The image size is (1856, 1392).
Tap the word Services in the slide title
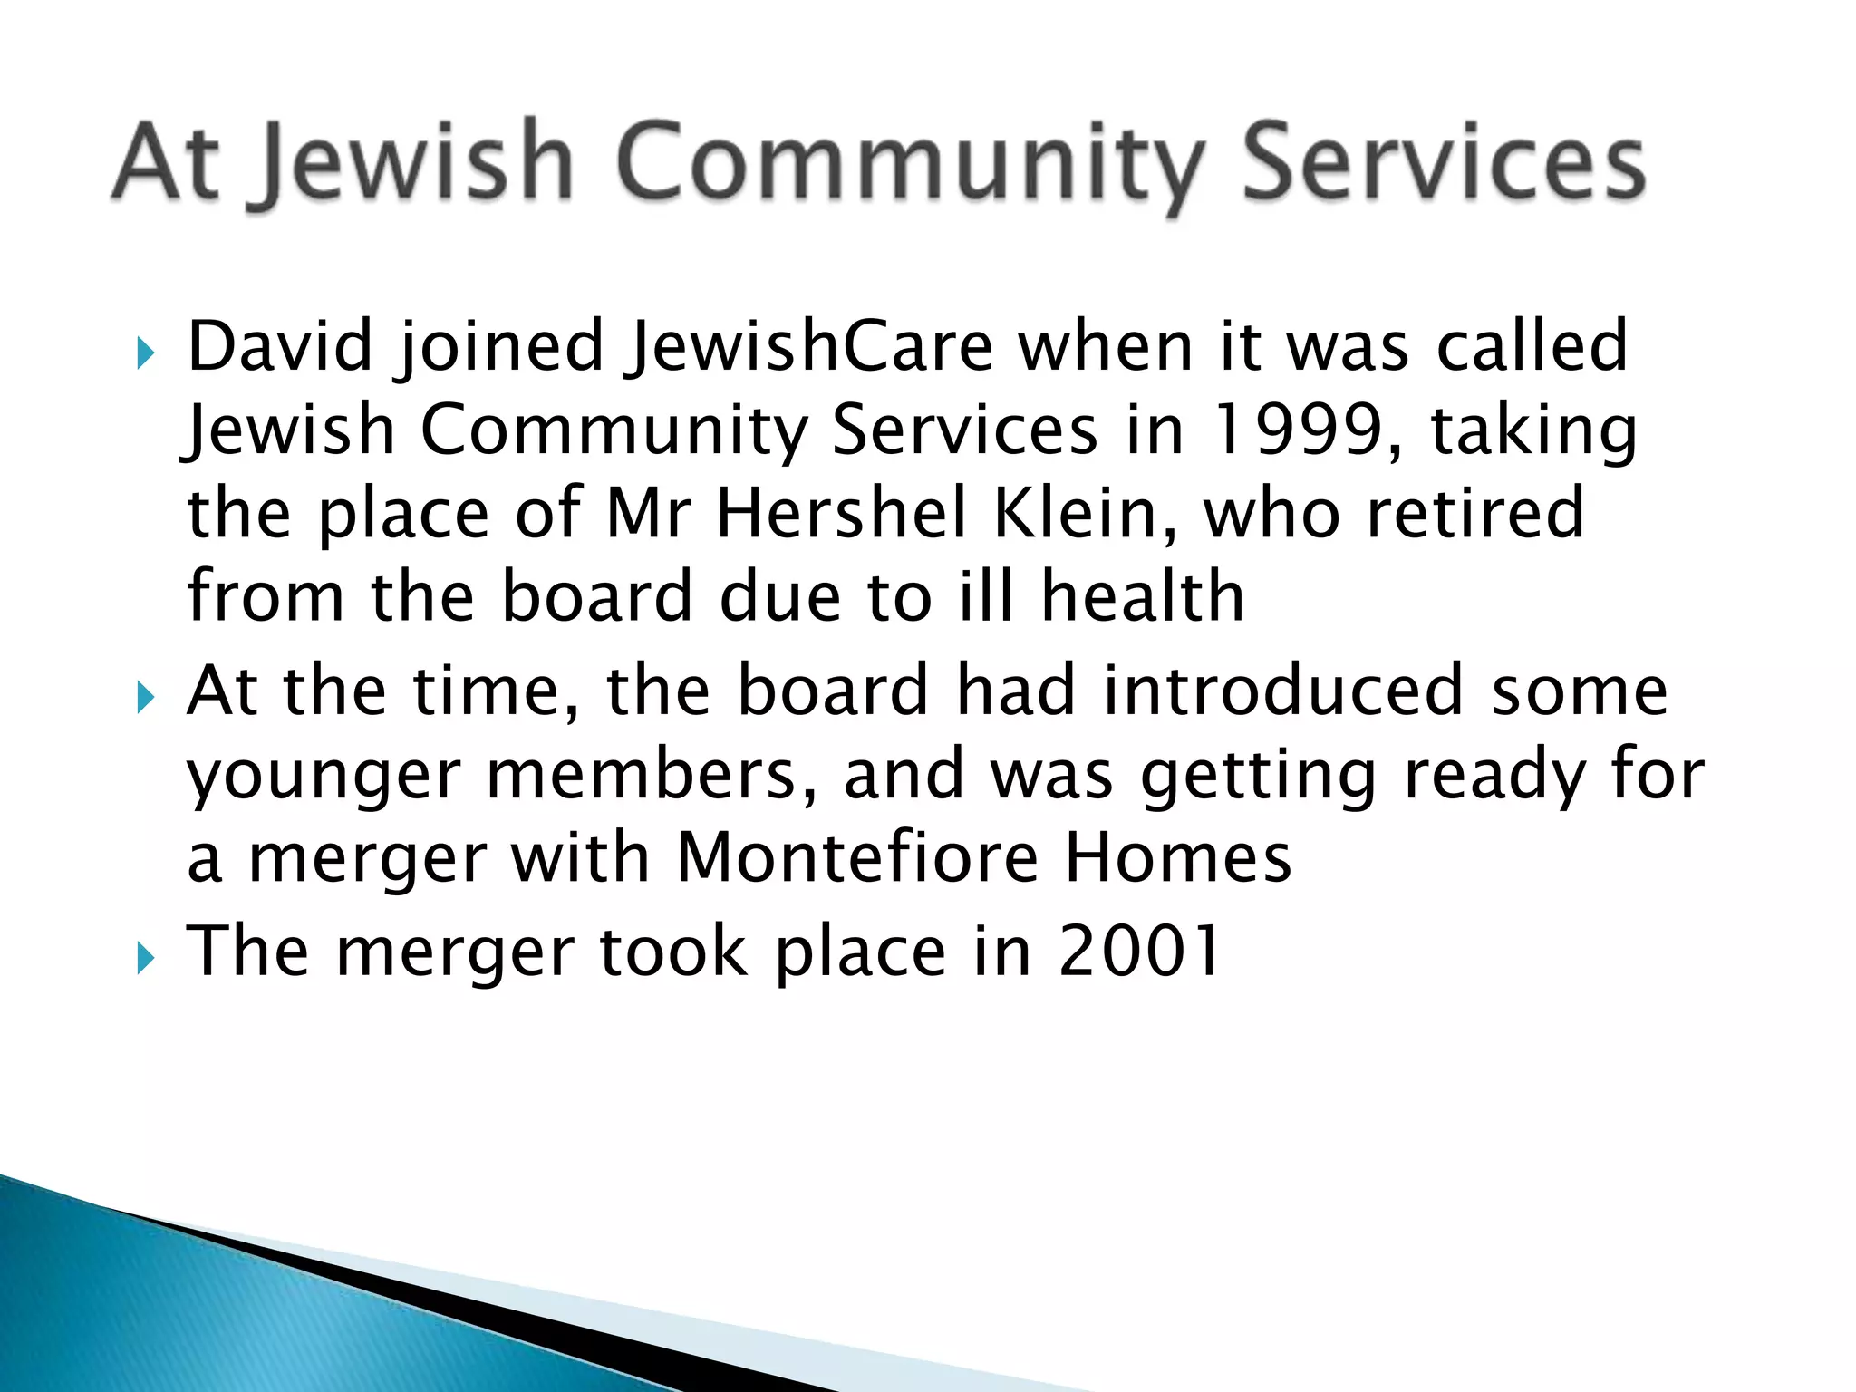click(x=1443, y=163)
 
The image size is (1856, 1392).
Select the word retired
click(x=1475, y=513)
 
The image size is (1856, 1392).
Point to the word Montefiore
click(x=857, y=857)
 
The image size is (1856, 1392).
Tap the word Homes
click(x=1177, y=857)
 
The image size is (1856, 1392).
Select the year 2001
click(x=1139, y=951)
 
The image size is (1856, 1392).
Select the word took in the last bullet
click(x=673, y=951)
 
